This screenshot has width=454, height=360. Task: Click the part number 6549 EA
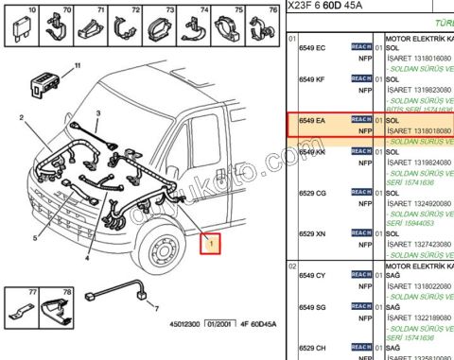312,120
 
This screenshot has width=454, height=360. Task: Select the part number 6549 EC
312,46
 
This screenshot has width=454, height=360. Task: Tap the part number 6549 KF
312,79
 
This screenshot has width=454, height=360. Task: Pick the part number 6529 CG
312,193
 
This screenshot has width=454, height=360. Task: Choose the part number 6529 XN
312,233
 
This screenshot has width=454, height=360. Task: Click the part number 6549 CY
312,275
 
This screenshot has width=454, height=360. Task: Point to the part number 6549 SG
312,307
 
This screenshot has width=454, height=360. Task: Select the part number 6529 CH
312,348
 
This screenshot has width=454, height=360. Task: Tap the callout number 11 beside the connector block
78,65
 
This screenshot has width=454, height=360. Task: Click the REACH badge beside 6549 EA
360,120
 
